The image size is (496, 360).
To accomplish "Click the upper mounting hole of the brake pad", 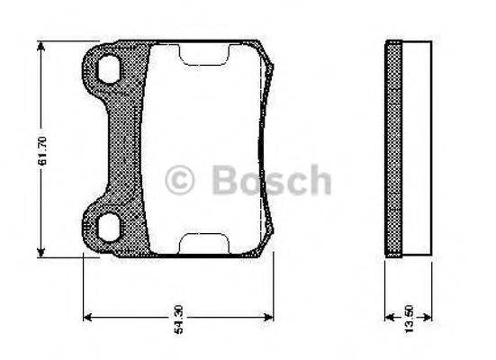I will [x=110, y=68].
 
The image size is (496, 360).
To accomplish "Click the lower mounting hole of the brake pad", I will [x=109, y=228].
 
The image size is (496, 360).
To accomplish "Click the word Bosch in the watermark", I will [x=271, y=180].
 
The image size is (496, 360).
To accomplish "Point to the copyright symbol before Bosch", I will [x=180, y=180].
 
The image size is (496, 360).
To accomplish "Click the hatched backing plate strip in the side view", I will [x=392, y=149].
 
